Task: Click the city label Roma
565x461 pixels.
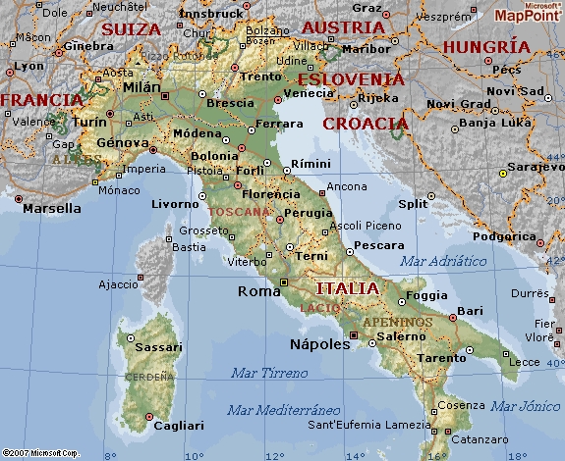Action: click(x=259, y=290)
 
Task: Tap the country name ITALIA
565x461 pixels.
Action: click(x=346, y=288)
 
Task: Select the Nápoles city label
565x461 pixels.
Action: click(x=320, y=344)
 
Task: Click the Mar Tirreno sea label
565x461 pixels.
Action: click(x=268, y=373)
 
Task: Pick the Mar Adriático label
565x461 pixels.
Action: click(x=443, y=261)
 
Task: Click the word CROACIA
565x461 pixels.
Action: click(x=365, y=124)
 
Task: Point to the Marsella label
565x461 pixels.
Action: click(x=52, y=208)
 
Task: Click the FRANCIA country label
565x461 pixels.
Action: click(x=40, y=100)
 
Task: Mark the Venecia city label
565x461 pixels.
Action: click(x=303, y=94)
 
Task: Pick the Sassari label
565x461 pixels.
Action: click(x=160, y=346)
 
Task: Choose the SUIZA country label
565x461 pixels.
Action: click(x=131, y=29)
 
